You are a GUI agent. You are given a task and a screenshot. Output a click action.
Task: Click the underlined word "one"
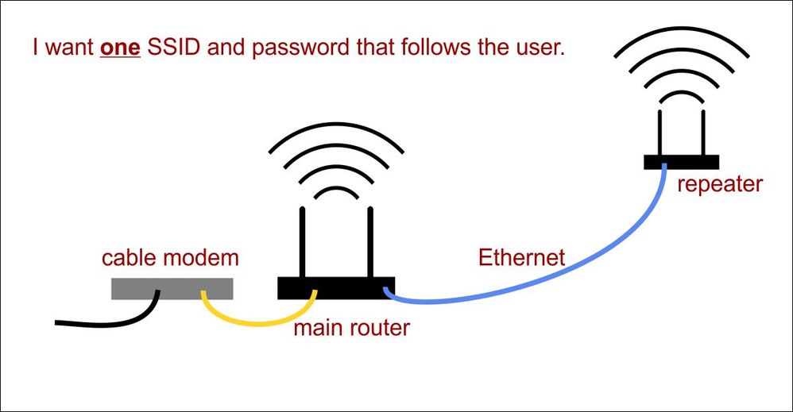(x=120, y=47)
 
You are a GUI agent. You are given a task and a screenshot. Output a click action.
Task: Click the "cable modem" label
(x=170, y=259)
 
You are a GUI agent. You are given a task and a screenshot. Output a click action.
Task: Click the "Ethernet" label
(x=521, y=257)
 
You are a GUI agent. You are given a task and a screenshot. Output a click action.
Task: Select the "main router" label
(x=352, y=326)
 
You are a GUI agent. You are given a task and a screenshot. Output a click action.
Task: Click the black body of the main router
(x=336, y=288)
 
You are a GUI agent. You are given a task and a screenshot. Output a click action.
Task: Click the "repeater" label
(x=719, y=184)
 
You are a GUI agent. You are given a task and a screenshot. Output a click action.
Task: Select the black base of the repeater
(x=681, y=162)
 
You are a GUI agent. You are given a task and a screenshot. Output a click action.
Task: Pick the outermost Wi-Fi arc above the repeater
(x=680, y=40)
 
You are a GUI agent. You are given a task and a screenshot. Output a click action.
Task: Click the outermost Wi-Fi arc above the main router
(x=336, y=129)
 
